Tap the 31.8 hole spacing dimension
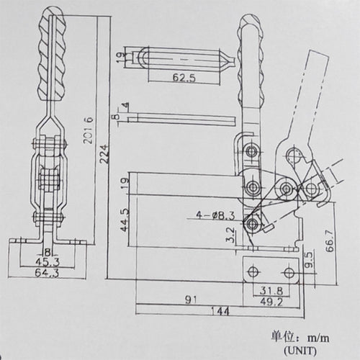pyautogui.click(x=270, y=291)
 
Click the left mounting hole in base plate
pyautogui.click(x=252, y=272)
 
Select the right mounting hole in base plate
pyautogui.click(x=289, y=272)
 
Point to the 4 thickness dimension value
pyautogui.click(x=127, y=106)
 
